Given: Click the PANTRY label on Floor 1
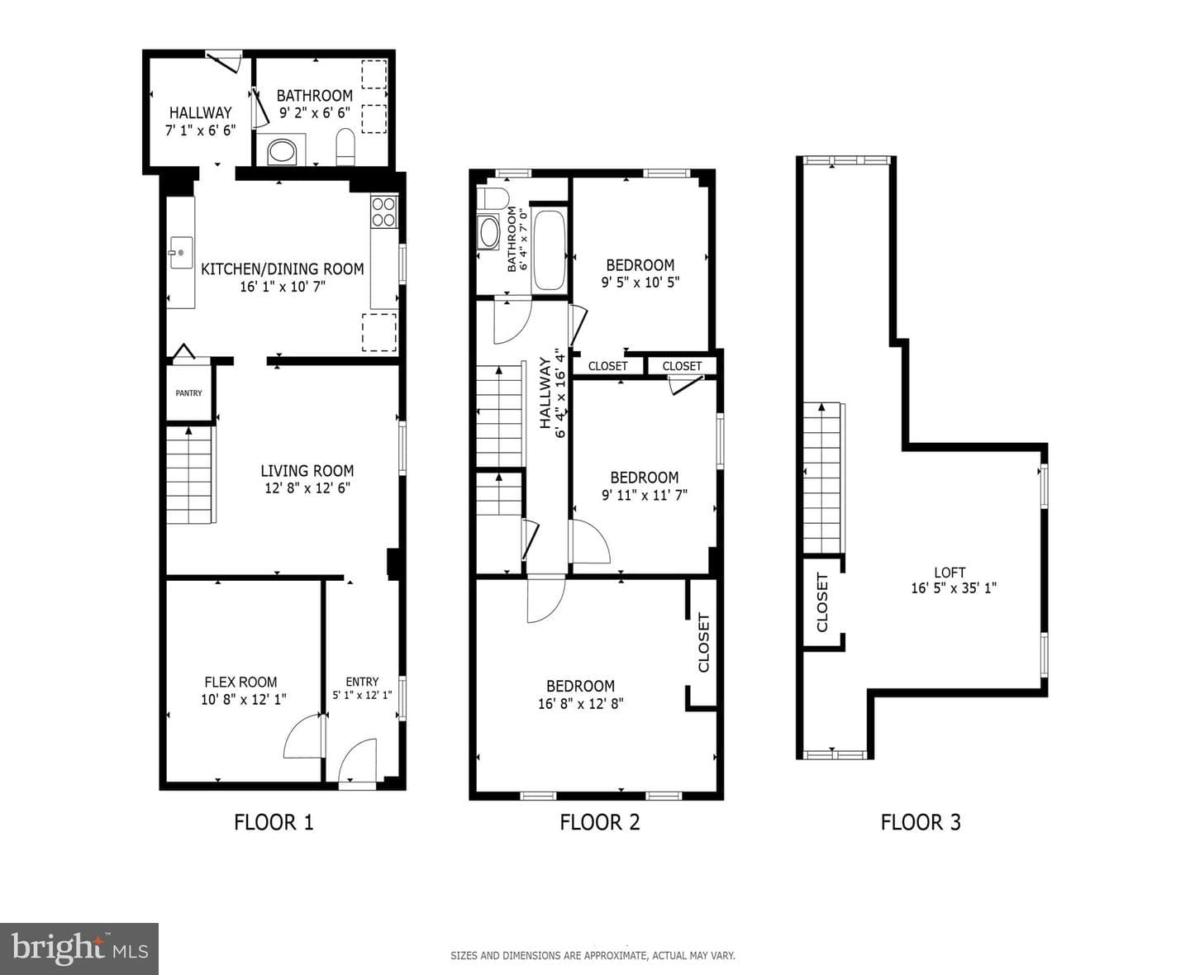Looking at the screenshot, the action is pos(188,393).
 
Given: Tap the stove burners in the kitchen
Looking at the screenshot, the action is pos(383,212).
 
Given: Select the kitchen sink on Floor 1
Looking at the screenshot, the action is pos(181,253).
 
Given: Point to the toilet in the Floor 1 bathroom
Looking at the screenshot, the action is pos(345,147).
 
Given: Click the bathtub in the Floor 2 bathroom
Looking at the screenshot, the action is pos(549,250).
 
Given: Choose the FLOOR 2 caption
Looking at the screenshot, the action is pos(600,823).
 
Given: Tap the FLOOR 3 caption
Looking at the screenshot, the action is pos(921,823).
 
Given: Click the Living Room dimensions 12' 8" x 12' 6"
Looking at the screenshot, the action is pos(307,488).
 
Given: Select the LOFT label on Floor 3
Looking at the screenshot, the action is pos(950,572).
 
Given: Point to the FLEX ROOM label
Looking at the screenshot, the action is pos(240,682).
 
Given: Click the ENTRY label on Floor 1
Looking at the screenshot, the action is pos(362,682).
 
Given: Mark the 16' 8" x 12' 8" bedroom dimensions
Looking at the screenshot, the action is pos(581,704).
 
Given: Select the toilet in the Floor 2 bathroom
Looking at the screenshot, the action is pos(492,198).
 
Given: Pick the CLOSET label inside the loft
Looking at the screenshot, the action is pos(821,602).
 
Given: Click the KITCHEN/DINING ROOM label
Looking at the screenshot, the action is pos(282,269).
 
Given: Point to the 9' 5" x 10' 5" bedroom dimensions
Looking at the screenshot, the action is pos(640,282).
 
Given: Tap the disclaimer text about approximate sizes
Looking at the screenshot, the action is pos(593,956).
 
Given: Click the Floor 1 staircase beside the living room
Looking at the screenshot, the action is pos(189,475).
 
